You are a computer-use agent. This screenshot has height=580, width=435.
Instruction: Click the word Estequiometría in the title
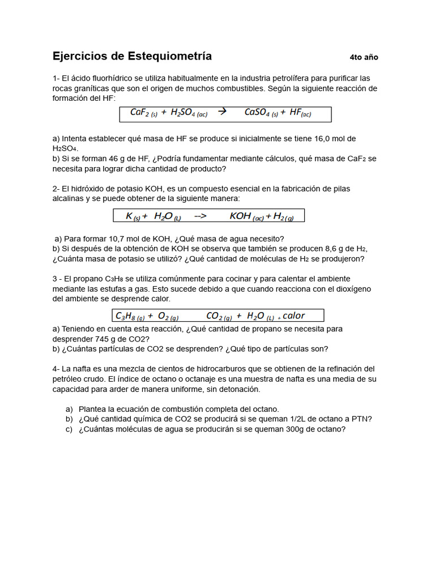170,56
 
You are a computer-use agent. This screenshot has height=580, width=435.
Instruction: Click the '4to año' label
364,57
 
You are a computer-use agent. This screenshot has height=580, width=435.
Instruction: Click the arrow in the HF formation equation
222,112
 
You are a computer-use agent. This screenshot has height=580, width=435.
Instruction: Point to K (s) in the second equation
133,216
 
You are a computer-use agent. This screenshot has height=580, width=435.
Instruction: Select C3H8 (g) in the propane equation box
130,316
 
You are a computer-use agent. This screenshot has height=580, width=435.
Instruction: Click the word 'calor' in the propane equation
293,315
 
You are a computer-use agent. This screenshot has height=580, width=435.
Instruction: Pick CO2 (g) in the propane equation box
219,316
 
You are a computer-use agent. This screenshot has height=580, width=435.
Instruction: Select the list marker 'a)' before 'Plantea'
69,409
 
